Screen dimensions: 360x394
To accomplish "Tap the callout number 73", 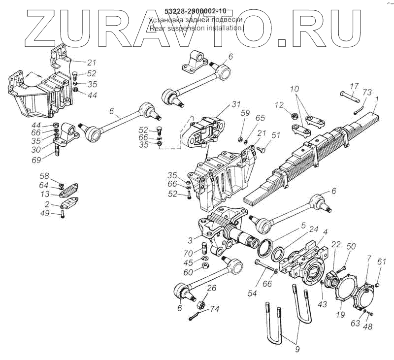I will pos(367,93).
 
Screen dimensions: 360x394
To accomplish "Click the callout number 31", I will pos(237,104).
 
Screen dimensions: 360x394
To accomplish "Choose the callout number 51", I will pos(275,135).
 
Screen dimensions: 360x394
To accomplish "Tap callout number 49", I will pos(45,213).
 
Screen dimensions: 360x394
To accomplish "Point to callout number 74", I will pos(214,309).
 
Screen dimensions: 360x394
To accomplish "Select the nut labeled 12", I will pos(292,118).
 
